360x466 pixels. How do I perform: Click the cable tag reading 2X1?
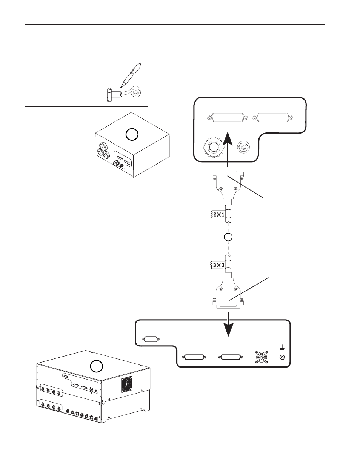[217, 215]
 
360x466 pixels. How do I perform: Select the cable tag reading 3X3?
[217, 265]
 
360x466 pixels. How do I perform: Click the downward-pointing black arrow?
[229, 325]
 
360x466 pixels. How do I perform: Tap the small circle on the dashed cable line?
[228, 237]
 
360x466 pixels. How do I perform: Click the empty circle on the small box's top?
[132, 134]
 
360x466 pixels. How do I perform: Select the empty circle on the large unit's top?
[97, 366]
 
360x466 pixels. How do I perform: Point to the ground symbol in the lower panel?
[282, 348]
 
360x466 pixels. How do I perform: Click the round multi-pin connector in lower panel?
[261, 357]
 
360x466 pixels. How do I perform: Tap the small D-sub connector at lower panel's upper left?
[151, 339]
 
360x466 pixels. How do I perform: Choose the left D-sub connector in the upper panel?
[228, 117]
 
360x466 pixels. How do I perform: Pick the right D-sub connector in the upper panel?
[273, 117]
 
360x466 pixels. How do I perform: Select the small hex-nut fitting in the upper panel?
[243, 147]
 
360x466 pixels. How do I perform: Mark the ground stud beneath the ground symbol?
[282, 357]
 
